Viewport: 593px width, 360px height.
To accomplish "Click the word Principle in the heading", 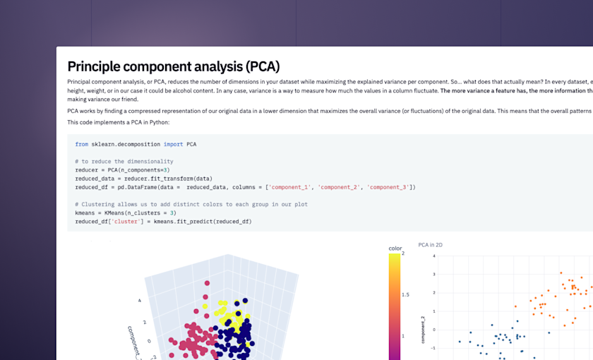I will point(98,67).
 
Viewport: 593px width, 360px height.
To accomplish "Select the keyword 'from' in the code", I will point(82,144).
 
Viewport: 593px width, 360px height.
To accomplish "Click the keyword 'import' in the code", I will point(173,144).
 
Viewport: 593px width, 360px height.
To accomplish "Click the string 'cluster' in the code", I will point(127,222).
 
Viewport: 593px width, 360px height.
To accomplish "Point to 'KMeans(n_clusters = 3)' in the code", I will point(140,213).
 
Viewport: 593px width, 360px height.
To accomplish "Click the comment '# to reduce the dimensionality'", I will point(124,162).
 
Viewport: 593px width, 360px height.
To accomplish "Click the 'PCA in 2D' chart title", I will point(430,245).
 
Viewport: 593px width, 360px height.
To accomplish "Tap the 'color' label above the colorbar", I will point(395,248).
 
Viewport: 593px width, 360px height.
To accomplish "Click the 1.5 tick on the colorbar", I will point(405,294).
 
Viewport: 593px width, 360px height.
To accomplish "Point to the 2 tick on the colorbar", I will point(402,253).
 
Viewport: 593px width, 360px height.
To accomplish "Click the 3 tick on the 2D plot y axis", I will point(433,274).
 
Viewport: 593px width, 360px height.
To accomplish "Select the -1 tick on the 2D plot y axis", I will point(432,347).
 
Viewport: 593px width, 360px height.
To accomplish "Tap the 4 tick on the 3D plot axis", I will point(139,300).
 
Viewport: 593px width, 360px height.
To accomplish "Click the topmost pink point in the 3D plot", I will point(206,284).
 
